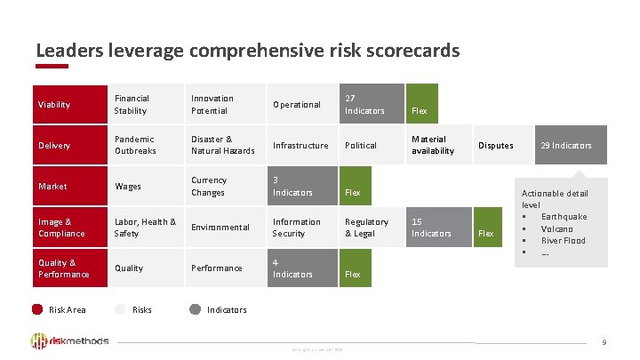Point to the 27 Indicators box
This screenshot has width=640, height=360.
click(x=372, y=105)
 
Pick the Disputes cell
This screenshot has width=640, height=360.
click(x=502, y=146)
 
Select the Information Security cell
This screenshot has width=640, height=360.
click(x=300, y=228)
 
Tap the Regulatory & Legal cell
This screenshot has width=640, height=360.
click(x=372, y=228)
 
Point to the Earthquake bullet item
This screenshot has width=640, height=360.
click(x=564, y=217)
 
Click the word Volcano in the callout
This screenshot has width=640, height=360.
click(x=557, y=228)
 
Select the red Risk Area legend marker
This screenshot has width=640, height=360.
click(x=37, y=309)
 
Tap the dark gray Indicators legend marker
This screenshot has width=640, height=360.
click(x=195, y=309)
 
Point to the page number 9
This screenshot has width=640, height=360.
click(x=604, y=342)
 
